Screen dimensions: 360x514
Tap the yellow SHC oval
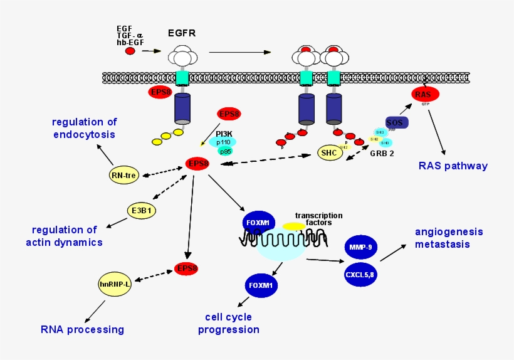(x=330, y=152)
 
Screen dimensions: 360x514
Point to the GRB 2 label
(x=382, y=152)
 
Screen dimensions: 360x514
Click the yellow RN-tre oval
(x=123, y=175)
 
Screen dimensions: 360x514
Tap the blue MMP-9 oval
(x=361, y=247)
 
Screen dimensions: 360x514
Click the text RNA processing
(x=82, y=329)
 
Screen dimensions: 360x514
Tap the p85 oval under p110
(x=225, y=151)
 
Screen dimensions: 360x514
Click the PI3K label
(x=224, y=133)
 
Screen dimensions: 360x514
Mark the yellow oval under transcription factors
(x=294, y=226)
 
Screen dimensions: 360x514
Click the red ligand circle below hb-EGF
(x=130, y=51)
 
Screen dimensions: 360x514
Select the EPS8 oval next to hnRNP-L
(x=186, y=268)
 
